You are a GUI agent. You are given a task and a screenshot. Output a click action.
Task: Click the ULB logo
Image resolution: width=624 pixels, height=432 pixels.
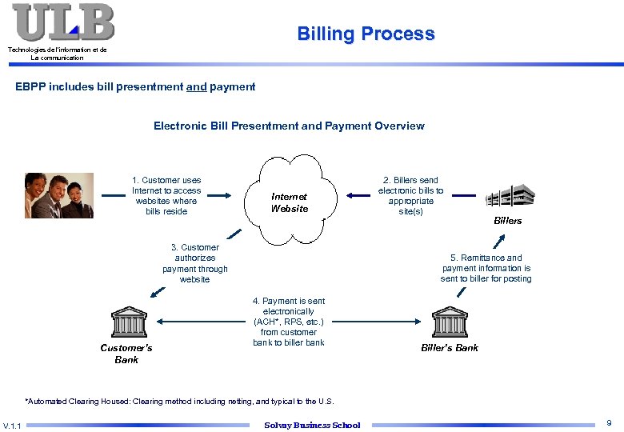[63, 22]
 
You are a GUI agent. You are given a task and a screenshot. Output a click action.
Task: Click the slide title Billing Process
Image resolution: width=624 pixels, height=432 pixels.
[366, 34]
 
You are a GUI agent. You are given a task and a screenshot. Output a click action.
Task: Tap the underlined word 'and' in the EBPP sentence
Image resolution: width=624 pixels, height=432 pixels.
[196, 86]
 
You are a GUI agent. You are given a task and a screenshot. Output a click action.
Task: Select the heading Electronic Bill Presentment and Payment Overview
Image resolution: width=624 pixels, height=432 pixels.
[289, 126]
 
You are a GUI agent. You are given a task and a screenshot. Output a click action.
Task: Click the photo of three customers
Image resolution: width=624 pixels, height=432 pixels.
[59, 195]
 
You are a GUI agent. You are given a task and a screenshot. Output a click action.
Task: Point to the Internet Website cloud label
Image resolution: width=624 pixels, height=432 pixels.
[289, 202]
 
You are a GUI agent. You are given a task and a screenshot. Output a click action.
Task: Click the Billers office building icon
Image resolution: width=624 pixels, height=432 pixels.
[510, 195]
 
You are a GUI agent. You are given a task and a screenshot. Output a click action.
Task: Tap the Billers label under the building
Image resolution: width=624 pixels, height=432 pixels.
[507, 221]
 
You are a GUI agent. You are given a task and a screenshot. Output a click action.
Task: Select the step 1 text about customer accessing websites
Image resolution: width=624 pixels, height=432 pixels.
[166, 196]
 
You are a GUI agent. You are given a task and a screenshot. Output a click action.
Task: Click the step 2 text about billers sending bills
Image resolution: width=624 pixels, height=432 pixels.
[410, 196]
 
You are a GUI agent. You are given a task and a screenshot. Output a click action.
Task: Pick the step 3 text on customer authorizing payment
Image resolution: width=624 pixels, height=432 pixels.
[194, 263]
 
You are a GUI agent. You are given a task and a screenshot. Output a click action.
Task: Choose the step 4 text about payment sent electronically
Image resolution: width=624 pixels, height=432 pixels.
[289, 322]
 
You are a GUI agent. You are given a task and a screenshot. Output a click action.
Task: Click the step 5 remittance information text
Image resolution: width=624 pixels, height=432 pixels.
[486, 268]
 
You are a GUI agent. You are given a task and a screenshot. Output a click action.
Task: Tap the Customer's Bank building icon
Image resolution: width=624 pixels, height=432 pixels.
[128, 322]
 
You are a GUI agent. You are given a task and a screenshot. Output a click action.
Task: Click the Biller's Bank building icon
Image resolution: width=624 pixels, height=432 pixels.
[450, 322]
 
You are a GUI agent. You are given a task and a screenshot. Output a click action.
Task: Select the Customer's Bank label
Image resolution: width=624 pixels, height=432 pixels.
[126, 354]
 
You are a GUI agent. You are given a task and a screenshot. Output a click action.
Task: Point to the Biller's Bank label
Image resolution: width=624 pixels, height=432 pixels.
[450, 348]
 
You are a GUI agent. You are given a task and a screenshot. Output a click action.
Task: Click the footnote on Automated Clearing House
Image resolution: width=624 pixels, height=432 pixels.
[179, 401]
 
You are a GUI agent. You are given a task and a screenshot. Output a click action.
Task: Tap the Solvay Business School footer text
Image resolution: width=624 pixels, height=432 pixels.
[312, 425]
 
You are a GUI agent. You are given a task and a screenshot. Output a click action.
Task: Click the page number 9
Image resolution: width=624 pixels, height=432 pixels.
[609, 422]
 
